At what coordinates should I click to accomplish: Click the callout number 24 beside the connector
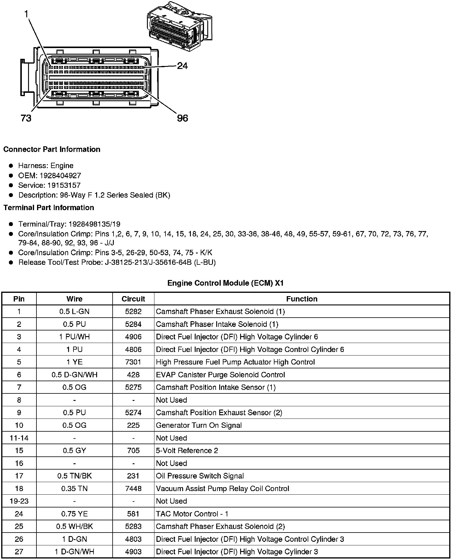coord(182,66)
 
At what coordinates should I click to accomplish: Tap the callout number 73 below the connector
coord(26,119)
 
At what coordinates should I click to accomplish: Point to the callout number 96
coord(182,119)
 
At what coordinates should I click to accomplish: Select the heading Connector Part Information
coord(52,149)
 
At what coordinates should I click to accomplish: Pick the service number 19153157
coord(64,185)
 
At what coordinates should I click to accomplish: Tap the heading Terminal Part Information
coord(49,208)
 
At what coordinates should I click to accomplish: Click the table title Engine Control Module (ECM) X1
coord(226,283)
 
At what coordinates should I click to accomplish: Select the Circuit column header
coord(133,299)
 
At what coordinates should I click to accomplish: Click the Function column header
coord(302,299)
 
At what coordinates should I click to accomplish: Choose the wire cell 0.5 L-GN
coord(74,312)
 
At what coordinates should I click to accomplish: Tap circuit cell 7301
coord(133,362)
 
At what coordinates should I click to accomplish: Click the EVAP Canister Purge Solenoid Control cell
coord(220,375)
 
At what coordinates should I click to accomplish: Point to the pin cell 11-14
coord(19,438)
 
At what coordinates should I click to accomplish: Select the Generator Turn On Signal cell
coord(199,425)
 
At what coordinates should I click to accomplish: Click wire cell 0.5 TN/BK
coord(74,476)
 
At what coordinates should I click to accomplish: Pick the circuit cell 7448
coord(133,489)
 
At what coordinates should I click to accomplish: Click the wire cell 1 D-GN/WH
coord(74,552)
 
